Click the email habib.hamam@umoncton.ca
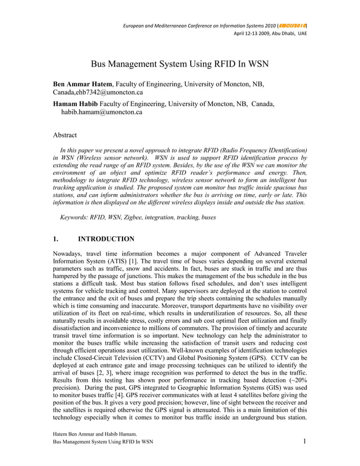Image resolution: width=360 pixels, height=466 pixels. [102, 112]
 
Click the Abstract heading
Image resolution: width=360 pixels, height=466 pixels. [65, 135]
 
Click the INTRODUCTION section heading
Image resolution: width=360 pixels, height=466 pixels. [106, 239]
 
